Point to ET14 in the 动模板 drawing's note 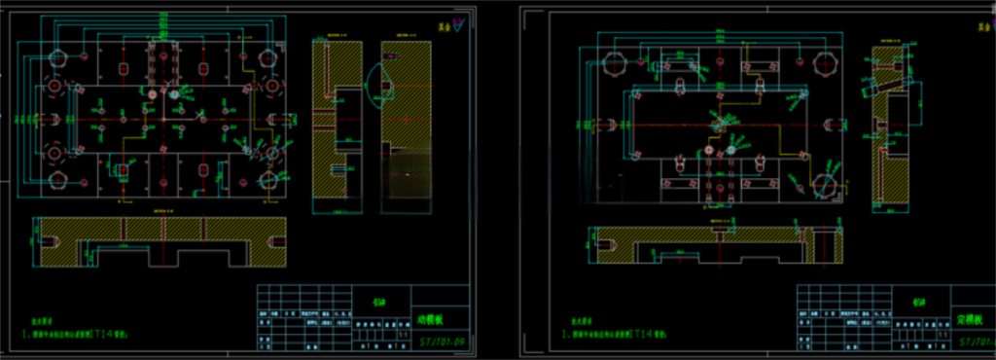pyautogui.click(x=101, y=333)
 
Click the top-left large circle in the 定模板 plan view pyautogui.click(x=616, y=63)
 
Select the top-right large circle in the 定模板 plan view pyautogui.click(x=825, y=63)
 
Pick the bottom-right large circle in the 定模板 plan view pyautogui.click(x=825, y=182)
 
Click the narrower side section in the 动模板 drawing pyautogui.click(x=336, y=126)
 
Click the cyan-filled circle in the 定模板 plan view pyautogui.click(x=729, y=151)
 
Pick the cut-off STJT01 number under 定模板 pyautogui.click(x=977, y=342)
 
